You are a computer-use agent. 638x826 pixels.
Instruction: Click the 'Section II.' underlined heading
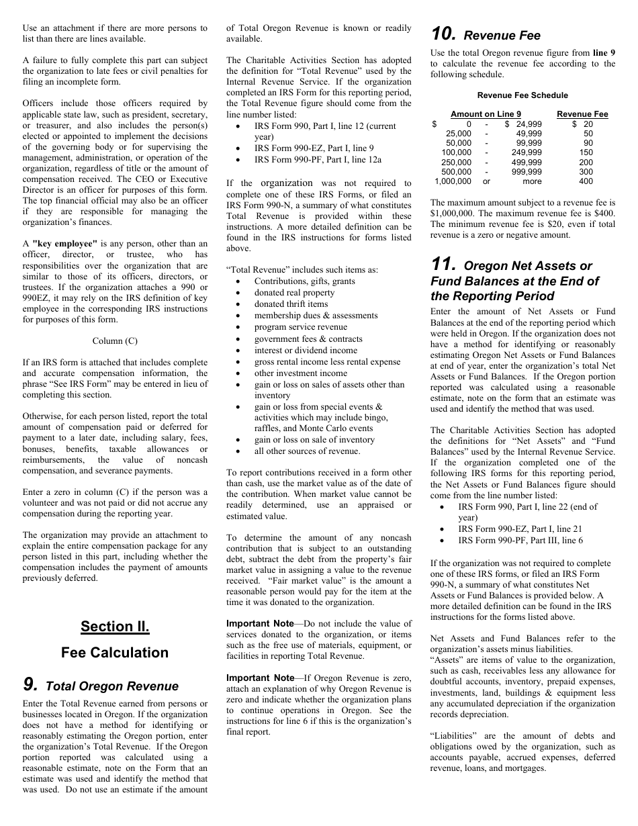pos(115,627)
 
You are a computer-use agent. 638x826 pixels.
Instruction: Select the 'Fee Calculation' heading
pos(115,653)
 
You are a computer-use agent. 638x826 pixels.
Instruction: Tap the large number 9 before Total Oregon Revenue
pos(30,684)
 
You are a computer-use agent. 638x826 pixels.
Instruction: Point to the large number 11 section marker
pos(444,265)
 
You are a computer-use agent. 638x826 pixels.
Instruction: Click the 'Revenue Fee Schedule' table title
pos(522,95)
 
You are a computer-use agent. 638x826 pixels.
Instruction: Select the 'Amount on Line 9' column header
pos(486,114)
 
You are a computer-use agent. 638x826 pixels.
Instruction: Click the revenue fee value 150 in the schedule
pos(586,152)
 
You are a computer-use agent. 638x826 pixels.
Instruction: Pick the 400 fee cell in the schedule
pos(586,181)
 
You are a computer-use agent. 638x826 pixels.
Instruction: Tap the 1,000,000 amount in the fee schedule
pos(453,181)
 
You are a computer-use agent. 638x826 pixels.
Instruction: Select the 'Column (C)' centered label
pos(115,341)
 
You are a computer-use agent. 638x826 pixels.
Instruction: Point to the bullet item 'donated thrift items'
pos(291,304)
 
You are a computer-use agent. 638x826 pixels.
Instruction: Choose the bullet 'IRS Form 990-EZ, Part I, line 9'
pos(314,148)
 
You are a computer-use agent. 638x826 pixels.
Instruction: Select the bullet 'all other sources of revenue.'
pos(307,451)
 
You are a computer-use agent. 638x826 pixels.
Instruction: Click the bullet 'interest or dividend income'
pos(306,350)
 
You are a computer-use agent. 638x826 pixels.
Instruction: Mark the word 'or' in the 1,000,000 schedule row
pos(487,181)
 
